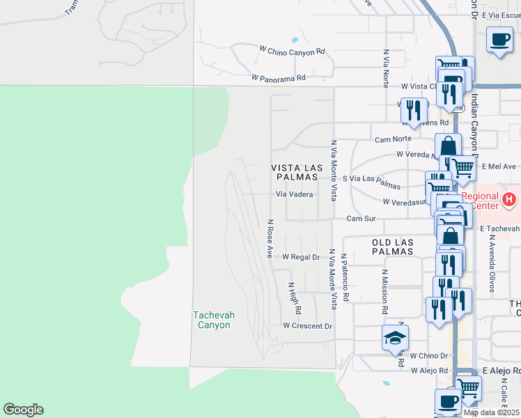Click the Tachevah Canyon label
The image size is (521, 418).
(x=213, y=320)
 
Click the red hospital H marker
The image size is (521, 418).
(x=509, y=200)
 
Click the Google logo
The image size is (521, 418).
(x=23, y=410)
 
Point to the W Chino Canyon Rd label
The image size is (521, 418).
(x=292, y=51)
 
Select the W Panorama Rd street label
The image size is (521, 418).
(x=279, y=78)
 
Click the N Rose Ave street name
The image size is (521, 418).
(x=270, y=239)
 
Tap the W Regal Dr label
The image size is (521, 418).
(x=300, y=257)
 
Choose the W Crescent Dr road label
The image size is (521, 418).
(x=307, y=325)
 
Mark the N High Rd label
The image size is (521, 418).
(x=295, y=297)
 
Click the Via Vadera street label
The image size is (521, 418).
(x=294, y=195)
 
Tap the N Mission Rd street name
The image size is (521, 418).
(x=384, y=288)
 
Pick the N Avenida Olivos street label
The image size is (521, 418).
(x=491, y=269)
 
